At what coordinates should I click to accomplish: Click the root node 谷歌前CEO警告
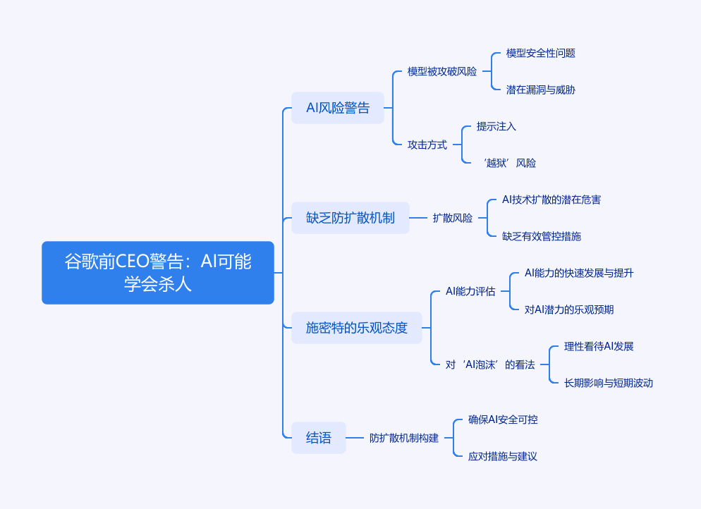[x=158, y=273]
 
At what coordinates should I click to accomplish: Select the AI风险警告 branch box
[x=338, y=108]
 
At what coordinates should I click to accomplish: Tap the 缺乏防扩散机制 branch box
[x=350, y=218]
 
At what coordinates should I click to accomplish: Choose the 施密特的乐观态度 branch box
[x=356, y=328]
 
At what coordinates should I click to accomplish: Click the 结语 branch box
[x=318, y=438]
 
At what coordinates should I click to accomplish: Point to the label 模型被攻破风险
[x=441, y=71]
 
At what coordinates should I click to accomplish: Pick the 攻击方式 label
[x=427, y=145]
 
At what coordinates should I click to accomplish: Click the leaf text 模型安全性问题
[x=540, y=53]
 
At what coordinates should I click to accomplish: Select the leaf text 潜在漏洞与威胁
[x=540, y=90]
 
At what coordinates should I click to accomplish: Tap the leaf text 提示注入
[x=496, y=126]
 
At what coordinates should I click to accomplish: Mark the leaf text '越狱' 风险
[x=510, y=163]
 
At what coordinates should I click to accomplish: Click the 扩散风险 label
[x=453, y=218]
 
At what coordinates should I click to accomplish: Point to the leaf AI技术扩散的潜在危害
[x=551, y=200]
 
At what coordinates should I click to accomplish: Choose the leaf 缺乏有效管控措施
[x=542, y=236]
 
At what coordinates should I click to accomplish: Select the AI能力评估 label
[x=470, y=291]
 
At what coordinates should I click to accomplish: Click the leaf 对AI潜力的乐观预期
[x=568, y=309]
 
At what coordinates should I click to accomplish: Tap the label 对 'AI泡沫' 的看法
[x=490, y=364]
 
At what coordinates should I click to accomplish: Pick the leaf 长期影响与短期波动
[x=609, y=383]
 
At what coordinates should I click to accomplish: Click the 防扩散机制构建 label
[x=404, y=438]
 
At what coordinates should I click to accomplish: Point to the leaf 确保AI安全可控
[x=503, y=419]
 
